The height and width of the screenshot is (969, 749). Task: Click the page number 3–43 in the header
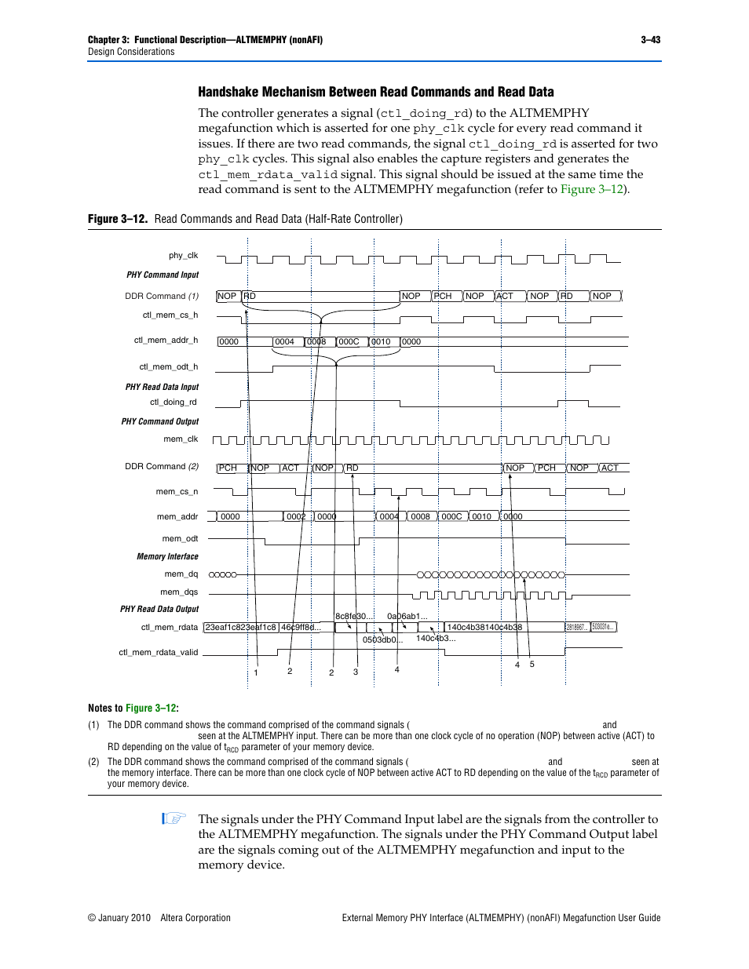[650, 40]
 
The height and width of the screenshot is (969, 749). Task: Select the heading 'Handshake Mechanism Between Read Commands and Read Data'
[375, 92]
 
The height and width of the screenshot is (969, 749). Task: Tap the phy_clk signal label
[183, 256]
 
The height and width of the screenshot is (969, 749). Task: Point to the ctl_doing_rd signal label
[174, 403]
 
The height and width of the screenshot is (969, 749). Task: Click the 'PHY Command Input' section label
[163, 275]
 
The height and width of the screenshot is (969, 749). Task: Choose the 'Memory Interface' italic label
[167, 557]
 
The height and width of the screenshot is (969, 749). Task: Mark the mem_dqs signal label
[179, 592]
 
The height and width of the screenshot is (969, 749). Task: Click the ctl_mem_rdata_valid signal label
[158, 653]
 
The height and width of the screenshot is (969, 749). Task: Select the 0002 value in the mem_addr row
[296, 517]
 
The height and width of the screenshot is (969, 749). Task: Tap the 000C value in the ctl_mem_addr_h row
[349, 342]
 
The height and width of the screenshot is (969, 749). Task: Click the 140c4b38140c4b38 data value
[484, 628]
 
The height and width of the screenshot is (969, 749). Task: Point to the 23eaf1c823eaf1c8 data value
[240, 628]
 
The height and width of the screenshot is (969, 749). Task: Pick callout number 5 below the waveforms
[532, 665]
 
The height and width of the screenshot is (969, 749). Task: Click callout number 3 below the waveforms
[356, 672]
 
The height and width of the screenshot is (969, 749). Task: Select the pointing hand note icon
[174, 818]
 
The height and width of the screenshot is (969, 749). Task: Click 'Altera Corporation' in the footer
[195, 918]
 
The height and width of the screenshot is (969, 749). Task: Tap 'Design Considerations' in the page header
[131, 52]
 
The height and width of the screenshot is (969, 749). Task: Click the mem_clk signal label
[181, 439]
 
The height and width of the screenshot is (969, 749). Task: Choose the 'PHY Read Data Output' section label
[159, 610]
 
